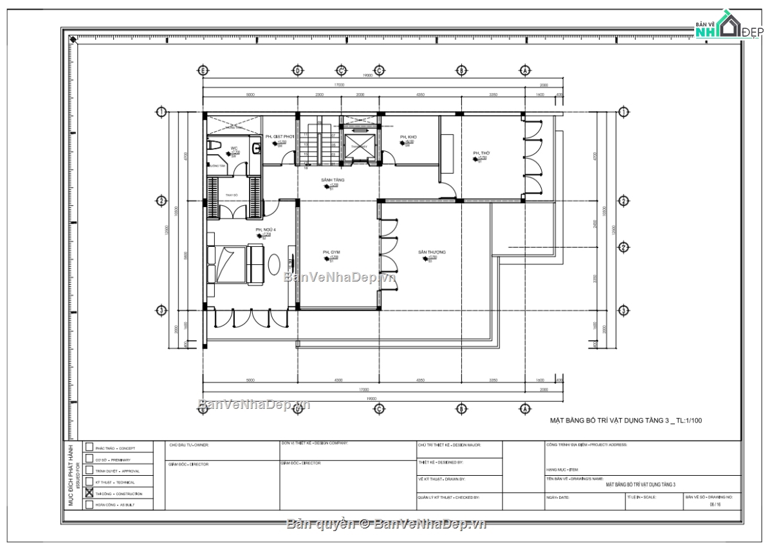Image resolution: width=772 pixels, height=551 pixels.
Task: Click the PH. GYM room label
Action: click(331, 251)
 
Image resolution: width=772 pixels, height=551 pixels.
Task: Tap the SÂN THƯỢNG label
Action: click(431, 251)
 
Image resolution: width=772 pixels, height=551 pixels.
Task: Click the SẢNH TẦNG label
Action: click(333, 180)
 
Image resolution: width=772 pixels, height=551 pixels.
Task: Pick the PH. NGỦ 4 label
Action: click(265, 230)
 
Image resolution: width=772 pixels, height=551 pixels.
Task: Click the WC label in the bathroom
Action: click(234, 148)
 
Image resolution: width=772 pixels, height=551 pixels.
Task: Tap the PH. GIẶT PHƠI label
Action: click(279, 137)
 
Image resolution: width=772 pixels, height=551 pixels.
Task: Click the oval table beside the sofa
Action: click(274, 264)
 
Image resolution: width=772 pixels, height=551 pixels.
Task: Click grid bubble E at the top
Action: click(203, 70)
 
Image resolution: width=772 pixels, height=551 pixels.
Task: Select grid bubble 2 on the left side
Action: click(161, 201)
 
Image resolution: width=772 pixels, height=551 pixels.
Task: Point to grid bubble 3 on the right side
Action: click(623, 311)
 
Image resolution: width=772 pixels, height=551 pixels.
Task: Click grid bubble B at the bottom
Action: click(461, 408)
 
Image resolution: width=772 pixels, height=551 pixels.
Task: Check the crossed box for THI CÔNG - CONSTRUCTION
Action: click(89, 494)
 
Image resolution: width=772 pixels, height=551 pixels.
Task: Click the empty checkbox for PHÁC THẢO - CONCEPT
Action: click(89, 447)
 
